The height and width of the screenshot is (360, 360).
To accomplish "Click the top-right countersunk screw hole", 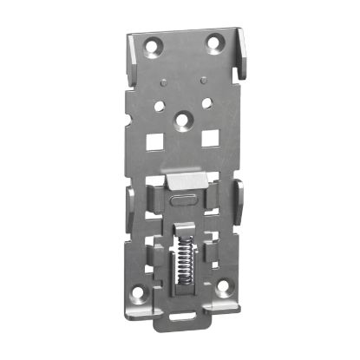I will click(213, 41).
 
